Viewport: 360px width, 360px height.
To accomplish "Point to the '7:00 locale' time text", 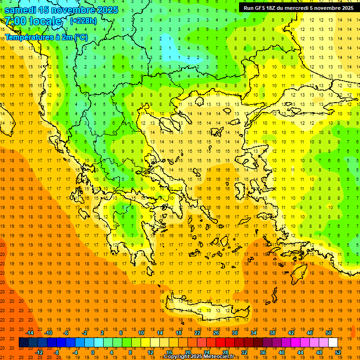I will pos(33,21).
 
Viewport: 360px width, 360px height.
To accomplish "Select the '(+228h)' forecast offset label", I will pos(83,21).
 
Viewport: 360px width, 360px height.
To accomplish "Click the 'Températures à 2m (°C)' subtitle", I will pos(46,37).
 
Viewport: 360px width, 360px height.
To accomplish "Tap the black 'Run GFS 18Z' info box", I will pos(299,8).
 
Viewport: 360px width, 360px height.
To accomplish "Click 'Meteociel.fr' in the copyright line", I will pos(222,357).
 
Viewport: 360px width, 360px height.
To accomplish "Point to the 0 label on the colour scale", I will pos(93,352).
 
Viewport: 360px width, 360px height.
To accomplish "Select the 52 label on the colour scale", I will pos(338,352).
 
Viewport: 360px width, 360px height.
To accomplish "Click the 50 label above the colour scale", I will pos(329,333).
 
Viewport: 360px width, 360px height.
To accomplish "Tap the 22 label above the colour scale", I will pos(197,333).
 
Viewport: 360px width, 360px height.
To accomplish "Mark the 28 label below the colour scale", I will pos(225,352).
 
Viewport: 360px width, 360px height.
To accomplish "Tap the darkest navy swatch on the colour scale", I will pos(23,343).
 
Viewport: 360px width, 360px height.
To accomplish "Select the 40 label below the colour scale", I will pos(282,352).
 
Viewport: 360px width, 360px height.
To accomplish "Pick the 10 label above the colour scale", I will pos(141,333).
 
